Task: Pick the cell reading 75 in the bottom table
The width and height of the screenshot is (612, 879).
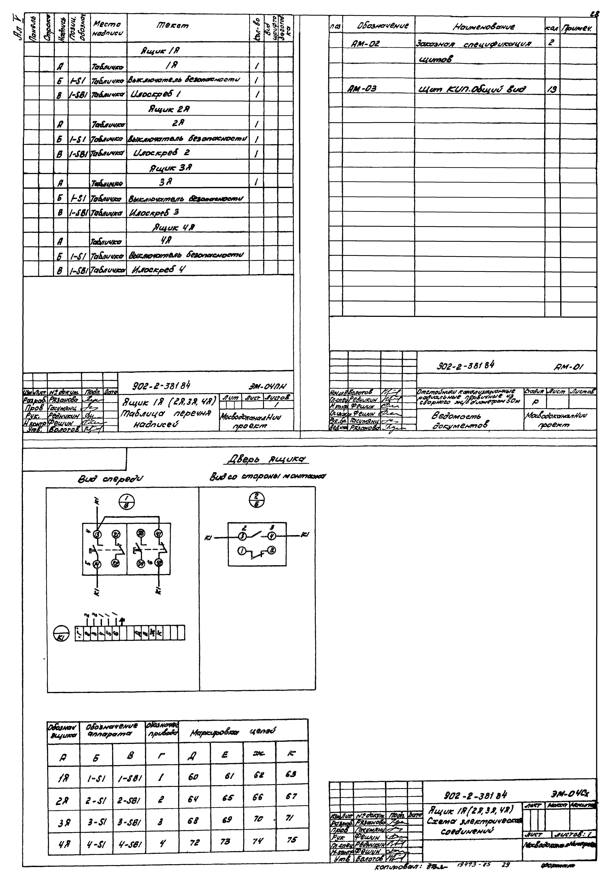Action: tap(292, 840)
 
